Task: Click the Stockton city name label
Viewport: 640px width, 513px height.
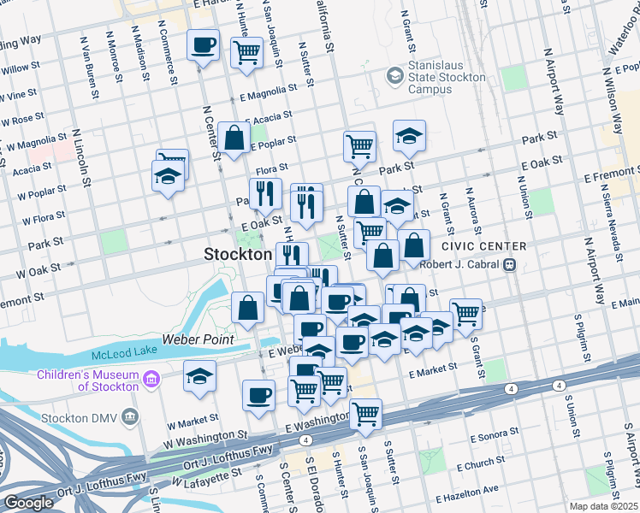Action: tap(238, 254)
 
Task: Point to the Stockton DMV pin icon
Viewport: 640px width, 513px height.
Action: tap(129, 417)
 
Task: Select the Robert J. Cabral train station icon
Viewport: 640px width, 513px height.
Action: tap(509, 265)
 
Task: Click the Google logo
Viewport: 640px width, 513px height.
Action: tap(28, 503)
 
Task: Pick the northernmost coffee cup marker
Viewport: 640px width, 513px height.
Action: tap(204, 45)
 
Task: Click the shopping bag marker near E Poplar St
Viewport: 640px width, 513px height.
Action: tap(234, 137)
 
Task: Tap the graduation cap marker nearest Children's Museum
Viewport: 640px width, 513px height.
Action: tap(199, 376)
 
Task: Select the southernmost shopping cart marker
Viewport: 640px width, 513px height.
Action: tap(366, 414)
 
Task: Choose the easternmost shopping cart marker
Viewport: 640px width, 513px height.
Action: tap(465, 314)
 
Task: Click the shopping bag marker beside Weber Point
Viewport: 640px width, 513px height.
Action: tap(247, 309)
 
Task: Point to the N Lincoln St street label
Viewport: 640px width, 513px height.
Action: tap(81, 159)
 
